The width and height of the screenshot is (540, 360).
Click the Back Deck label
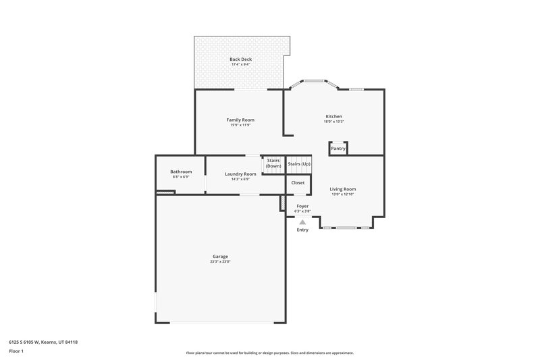[x=240, y=59]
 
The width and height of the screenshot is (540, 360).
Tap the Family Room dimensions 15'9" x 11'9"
[x=240, y=125]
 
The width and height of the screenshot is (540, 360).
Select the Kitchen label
[x=334, y=116]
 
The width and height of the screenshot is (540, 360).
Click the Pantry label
[x=338, y=149]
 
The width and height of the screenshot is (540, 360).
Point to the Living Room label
[x=343, y=189]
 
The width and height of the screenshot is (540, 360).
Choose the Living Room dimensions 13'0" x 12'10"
[x=343, y=195]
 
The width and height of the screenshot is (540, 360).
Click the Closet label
[x=298, y=183]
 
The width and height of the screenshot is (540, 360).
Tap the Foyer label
[x=302, y=205]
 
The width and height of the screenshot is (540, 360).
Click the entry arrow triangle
[x=302, y=222]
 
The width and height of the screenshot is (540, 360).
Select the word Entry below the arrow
[x=302, y=230]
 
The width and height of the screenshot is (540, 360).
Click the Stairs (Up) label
[x=299, y=164]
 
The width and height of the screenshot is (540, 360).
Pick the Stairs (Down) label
[x=273, y=163]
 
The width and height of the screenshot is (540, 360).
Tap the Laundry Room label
[x=240, y=174]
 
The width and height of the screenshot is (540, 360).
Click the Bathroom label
[x=181, y=172]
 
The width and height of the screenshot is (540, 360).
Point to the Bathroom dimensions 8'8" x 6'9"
[x=181, y=177]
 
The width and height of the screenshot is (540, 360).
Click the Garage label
[x=220, y=256]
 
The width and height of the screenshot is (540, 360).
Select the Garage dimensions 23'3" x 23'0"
[x=220, y=261]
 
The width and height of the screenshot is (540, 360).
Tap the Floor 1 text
[x=16, y=352]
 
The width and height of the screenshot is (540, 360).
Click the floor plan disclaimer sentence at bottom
[x=270, y=353]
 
